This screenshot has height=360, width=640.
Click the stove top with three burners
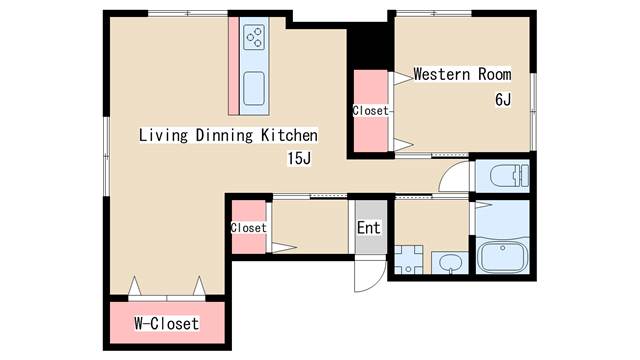254,37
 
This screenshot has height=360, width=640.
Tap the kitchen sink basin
254,88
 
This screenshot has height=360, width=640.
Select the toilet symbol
509,176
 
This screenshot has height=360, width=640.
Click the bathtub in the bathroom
502,256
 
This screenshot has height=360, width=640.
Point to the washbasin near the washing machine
450,262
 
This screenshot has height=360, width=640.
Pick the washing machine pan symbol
408,259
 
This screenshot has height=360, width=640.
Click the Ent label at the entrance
369,228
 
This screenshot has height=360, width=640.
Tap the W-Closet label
167,323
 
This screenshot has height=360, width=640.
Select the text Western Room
462,74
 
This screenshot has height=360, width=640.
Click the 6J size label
503,100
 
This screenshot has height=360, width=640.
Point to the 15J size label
299,158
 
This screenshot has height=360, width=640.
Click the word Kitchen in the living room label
289,135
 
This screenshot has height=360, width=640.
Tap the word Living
164,135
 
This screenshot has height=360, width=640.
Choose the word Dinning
224,135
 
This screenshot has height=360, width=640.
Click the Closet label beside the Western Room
371,111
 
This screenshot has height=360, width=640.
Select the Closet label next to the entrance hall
249,228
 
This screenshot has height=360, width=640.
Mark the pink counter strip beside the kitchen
233,66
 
